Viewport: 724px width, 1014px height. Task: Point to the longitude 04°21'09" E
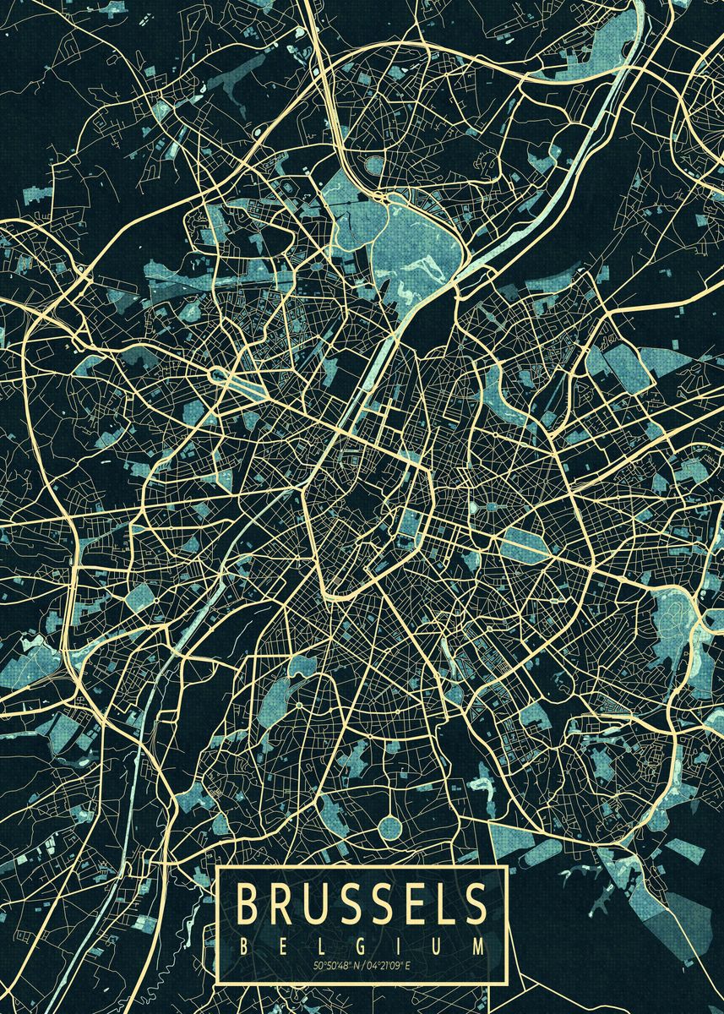pyautogui.click(x=391, y=966)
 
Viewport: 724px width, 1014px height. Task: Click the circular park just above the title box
pyautogui.click(x=390, y=827)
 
